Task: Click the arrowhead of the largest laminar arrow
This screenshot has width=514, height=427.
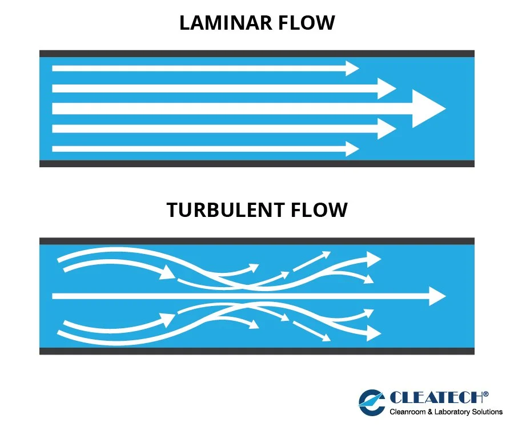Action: pyautogui.click(x=427, y=108)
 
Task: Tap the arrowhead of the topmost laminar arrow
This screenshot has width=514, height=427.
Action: pyautogui.click(x=351, y=68)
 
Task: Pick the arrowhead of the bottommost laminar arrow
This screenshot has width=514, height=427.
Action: pyautogui.click(x=351, y=148)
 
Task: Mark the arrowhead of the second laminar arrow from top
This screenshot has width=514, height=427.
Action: pyautogui.click(x=387, y=88)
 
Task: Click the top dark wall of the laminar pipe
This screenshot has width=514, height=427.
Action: pyautogui.click(x=257, y=54)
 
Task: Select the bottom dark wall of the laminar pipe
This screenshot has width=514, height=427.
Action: pyautogui.click(x=257, y=163)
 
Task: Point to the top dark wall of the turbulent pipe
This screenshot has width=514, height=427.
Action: pyautogui.click(x=257, y=241)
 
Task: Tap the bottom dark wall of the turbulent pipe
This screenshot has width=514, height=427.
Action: pyautogui.click(x=257, y=351)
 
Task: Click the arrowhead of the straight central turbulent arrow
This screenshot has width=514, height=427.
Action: pyautogui.click(x=437, y=296)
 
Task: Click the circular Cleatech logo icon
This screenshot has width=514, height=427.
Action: pyautogui.click(x=372, y=402)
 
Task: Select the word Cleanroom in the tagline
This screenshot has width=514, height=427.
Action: pyautogui.click(x=408, y=412)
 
